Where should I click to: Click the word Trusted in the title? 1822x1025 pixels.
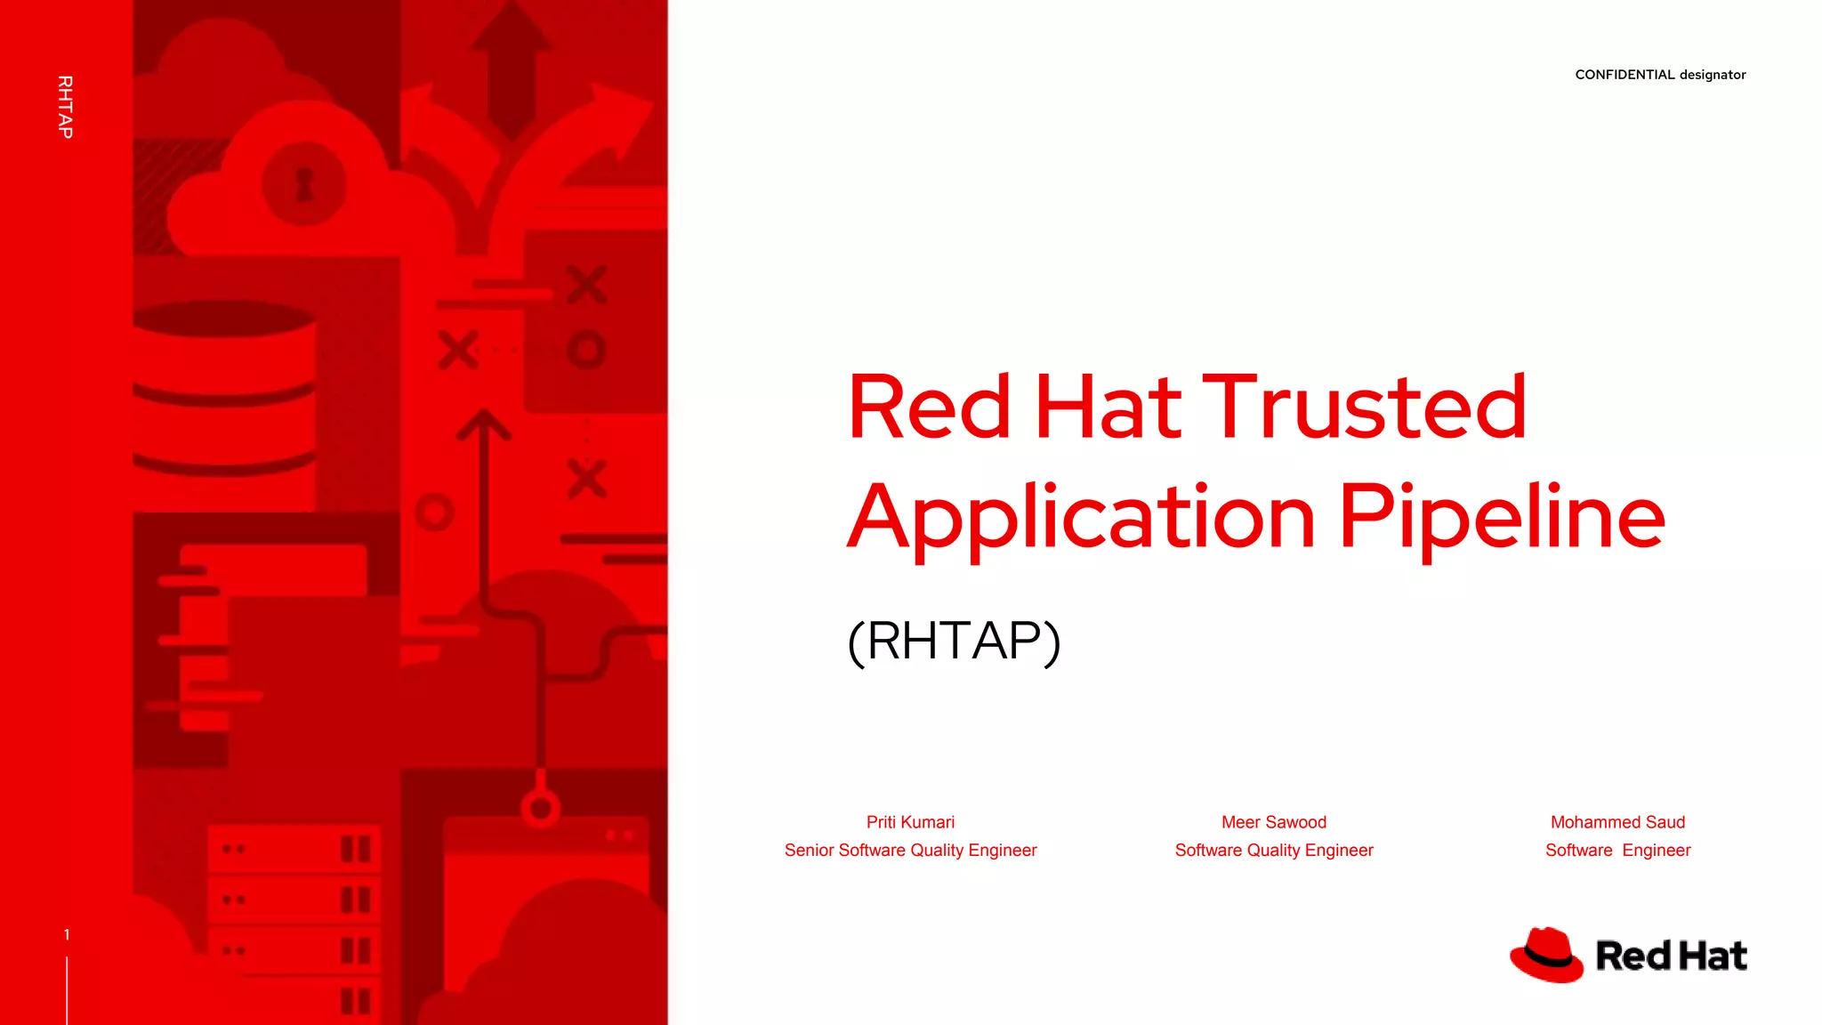click(1364, 407)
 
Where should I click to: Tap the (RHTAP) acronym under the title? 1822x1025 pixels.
click(954, 641)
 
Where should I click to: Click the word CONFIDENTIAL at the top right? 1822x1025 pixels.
click(1624, 75)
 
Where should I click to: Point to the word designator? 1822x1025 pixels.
click(1713, 75)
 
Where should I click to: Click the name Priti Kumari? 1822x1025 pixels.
click(910, 822)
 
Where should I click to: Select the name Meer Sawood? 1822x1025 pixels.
click(1273, 822)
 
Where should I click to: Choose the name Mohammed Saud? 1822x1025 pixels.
click(1617, 822)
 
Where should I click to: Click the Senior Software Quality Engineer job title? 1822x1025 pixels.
click(910, 850)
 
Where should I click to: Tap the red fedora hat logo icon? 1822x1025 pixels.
click(1546, 955)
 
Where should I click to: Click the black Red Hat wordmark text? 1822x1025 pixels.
click(1671, 956)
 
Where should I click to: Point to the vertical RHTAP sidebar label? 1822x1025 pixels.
click(65, 107)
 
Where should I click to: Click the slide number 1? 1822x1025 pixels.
click(67, 934)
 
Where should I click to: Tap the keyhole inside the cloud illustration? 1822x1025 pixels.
click(304, 184)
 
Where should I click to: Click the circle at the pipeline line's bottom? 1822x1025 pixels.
click(540, 809)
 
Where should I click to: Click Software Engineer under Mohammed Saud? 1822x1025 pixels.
click(1617, 850)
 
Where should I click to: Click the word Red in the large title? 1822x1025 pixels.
click(929, 407)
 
